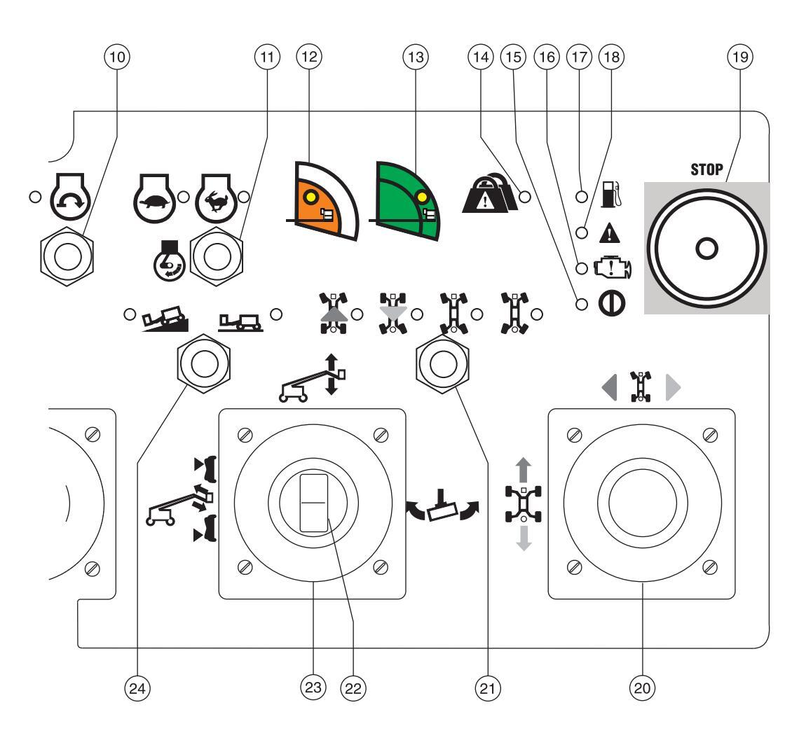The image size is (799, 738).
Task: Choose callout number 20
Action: coord(643,688)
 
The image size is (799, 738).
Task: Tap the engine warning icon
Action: coord(612,268)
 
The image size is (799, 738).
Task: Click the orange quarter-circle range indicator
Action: coord(323,202)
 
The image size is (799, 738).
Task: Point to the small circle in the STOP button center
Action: coord(706,247)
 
